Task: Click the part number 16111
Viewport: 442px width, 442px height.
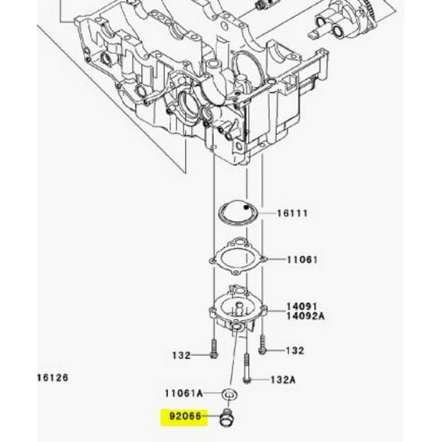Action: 291,213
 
